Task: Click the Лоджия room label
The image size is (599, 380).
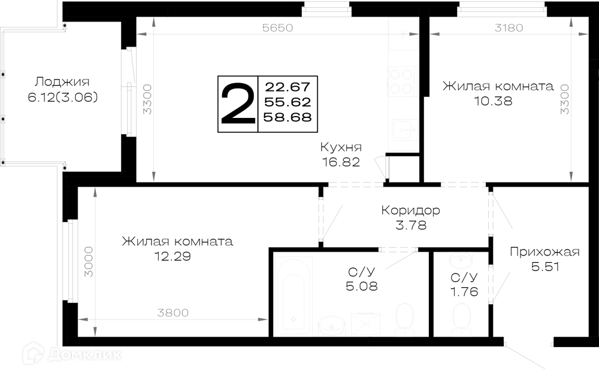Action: click(x=62, y=81)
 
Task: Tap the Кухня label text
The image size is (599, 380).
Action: click(x=341, y=147)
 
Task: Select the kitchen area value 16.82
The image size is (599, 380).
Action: click(x=341, y=162)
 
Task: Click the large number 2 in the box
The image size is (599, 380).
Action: click(x=238, y=104)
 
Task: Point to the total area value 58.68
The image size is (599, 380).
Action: click(x=288, y=117)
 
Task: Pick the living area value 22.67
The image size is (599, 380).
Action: click(x=288, y=87)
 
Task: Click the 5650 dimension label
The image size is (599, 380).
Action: click(x=278, y=28)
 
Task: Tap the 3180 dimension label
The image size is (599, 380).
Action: click(x=509, y=28)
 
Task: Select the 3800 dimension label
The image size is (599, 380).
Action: click(x=173, y=313)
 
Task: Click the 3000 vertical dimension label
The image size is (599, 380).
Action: click(x=88, y=262)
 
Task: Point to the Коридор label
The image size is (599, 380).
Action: click(x=411, y=210)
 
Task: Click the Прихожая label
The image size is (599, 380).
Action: click(x=544, y=252)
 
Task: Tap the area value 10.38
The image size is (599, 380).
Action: click(x=493, y=101)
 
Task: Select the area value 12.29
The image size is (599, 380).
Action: click(x=173, y=256)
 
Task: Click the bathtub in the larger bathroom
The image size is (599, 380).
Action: click(x=294, y=296)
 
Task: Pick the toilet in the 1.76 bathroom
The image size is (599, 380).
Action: click(x=461, y=317)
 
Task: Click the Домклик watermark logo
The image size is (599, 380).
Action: click(x=72, y=354)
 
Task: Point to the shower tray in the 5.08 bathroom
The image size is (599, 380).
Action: click(x=366, y=324)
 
